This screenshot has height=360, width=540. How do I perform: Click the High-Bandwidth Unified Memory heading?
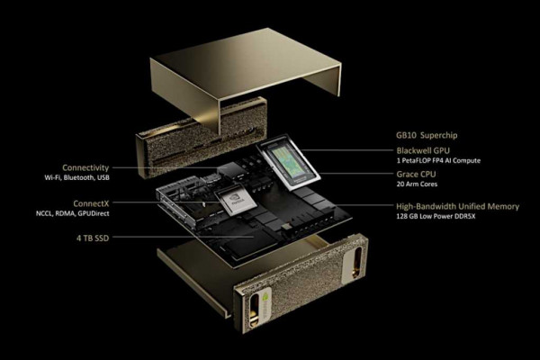(x=457, y=207)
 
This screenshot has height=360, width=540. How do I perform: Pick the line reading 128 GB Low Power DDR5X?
(x=443, y=218)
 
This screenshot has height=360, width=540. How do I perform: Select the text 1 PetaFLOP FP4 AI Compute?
(x=438, y=160)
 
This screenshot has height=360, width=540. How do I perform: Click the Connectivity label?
(x=85, y=167)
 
